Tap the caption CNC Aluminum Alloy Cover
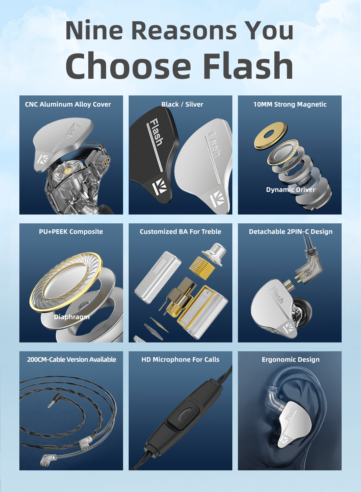pos(68,104)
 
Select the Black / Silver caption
pos(182,104)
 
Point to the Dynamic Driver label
pos(291,190)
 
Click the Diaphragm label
pos(72,317)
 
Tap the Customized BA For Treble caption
pos(180,232)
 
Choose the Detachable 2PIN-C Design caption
pos(290,232)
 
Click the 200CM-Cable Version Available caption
pos(72,359)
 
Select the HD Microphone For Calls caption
pos(180,359)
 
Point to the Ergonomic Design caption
pos(290,359)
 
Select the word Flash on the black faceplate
pos(156,132)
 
